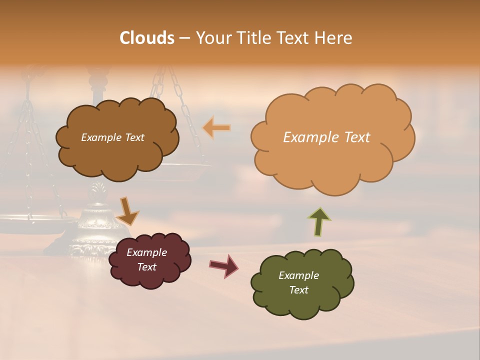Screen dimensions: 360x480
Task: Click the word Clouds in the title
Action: (146, 38)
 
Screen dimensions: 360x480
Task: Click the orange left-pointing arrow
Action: (216, 128)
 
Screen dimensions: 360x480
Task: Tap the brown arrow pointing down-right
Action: (128, 210)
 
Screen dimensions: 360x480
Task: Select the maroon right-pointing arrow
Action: (224, 265)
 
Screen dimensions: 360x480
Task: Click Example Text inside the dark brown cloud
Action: (112, 137)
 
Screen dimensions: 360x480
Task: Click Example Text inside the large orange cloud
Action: (326, 137)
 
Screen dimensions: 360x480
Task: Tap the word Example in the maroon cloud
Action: (146, 252)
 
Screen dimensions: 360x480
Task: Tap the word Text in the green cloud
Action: (298, 290)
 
